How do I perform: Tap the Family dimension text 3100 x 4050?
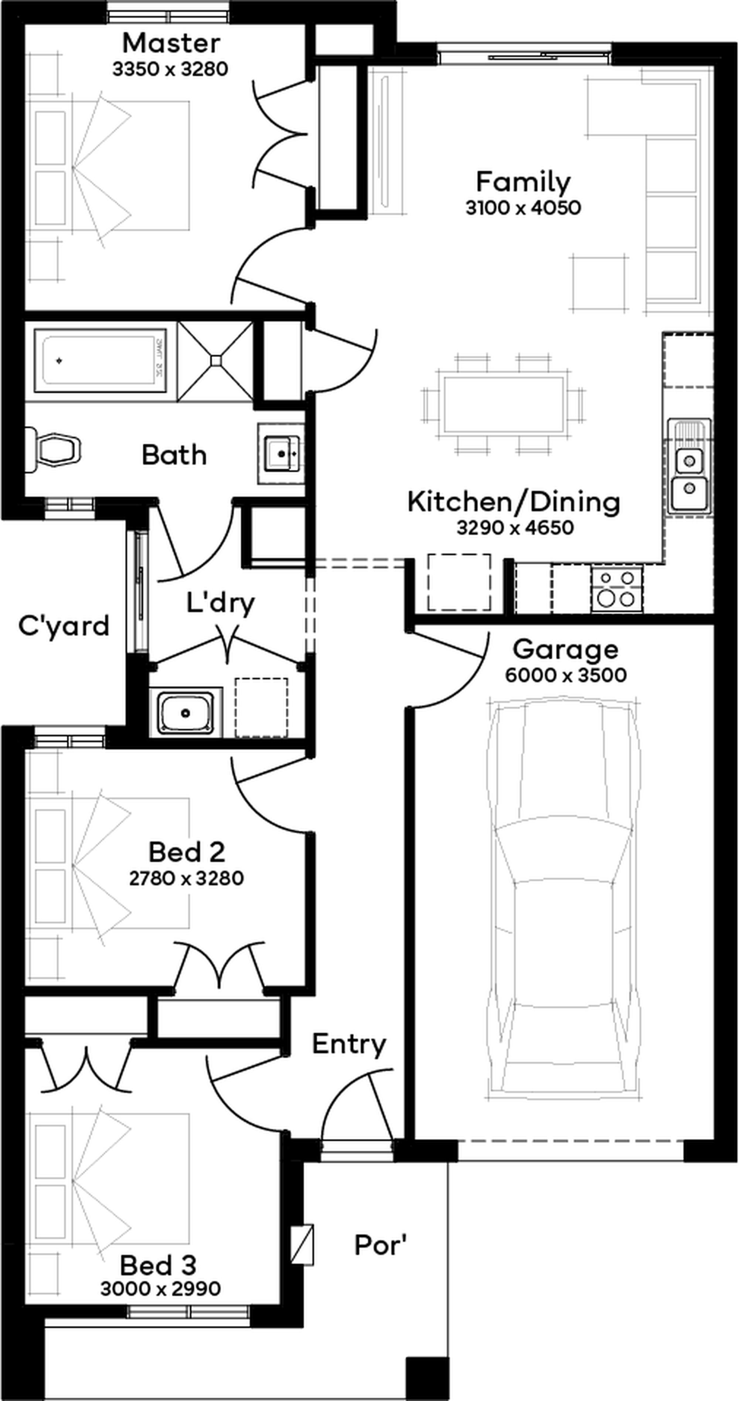click(x=523, y=208)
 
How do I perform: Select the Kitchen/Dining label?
click(x=514, y=502)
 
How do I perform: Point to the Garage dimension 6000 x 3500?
click(x=566, y=675)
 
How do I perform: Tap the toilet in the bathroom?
click(x=53, y=449)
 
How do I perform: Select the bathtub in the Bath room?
click(x=101, y=360)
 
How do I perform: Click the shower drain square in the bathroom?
click(x=216, y=360)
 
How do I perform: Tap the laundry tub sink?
click(x=185, y=712)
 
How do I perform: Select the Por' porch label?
click(x=381, y=1244)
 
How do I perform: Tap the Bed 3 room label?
click(x=158, y=1266)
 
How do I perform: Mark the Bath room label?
click(x=174, y=455)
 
